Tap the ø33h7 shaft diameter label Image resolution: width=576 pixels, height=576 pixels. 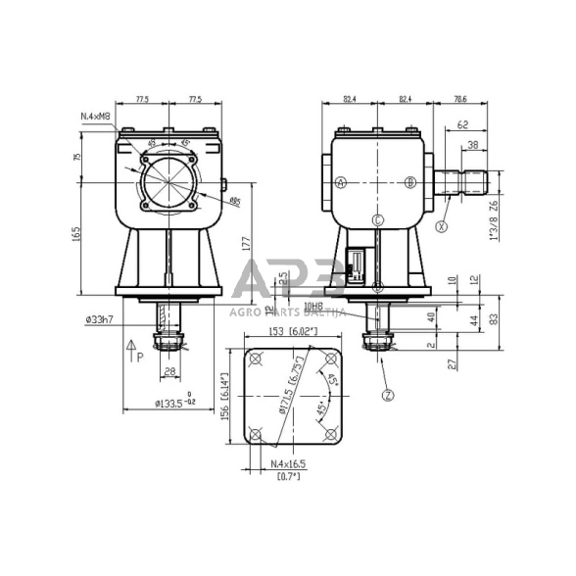click(x=101, y=318)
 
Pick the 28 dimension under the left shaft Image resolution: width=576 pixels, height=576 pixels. click(x=169, y=370)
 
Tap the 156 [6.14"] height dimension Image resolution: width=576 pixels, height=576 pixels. click(x=223, y=397)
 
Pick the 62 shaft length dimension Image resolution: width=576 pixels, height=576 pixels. click(x=461, y=124)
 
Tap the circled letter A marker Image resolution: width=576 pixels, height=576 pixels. click(x=341, y=182)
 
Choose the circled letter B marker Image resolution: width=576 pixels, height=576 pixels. click(x=410, y=182)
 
